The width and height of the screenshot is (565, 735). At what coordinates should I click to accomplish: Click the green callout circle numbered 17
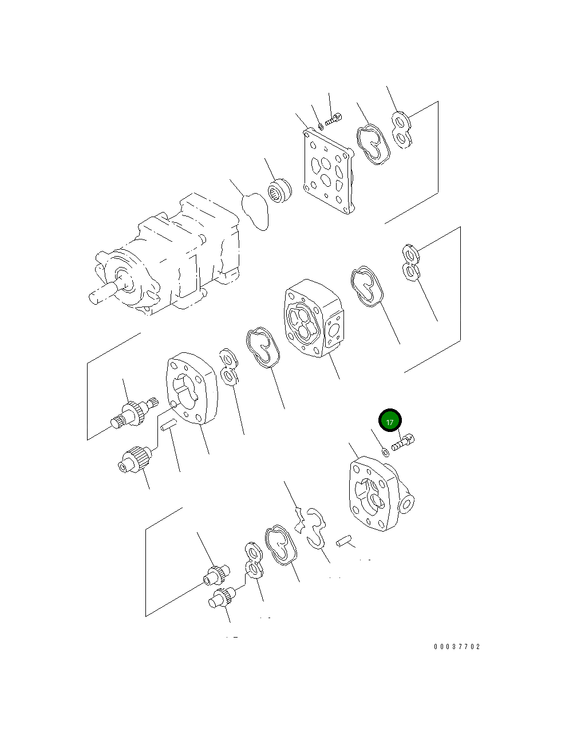pyautogui.click(x=390, y=420)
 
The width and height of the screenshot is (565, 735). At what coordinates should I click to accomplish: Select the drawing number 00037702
pyautogui.click(x=457, y=647)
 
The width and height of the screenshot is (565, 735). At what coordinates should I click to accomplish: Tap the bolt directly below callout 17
pyautogui.click(x=403, y=442)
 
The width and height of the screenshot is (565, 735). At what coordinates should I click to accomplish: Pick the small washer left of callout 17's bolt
pyautogui.click(x=385, y=452)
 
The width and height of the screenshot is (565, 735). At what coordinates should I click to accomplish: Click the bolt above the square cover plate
pyautogui.click(x=333, y=119)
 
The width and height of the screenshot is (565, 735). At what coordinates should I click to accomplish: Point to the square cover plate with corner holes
pyautogui.click(x=328, y=171)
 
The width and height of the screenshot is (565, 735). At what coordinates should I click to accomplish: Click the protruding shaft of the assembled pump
pyautogui.click(x=103, y=293)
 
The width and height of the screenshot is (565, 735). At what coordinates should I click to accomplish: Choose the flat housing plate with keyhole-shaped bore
pyautogui.click(x=192, y=388)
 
